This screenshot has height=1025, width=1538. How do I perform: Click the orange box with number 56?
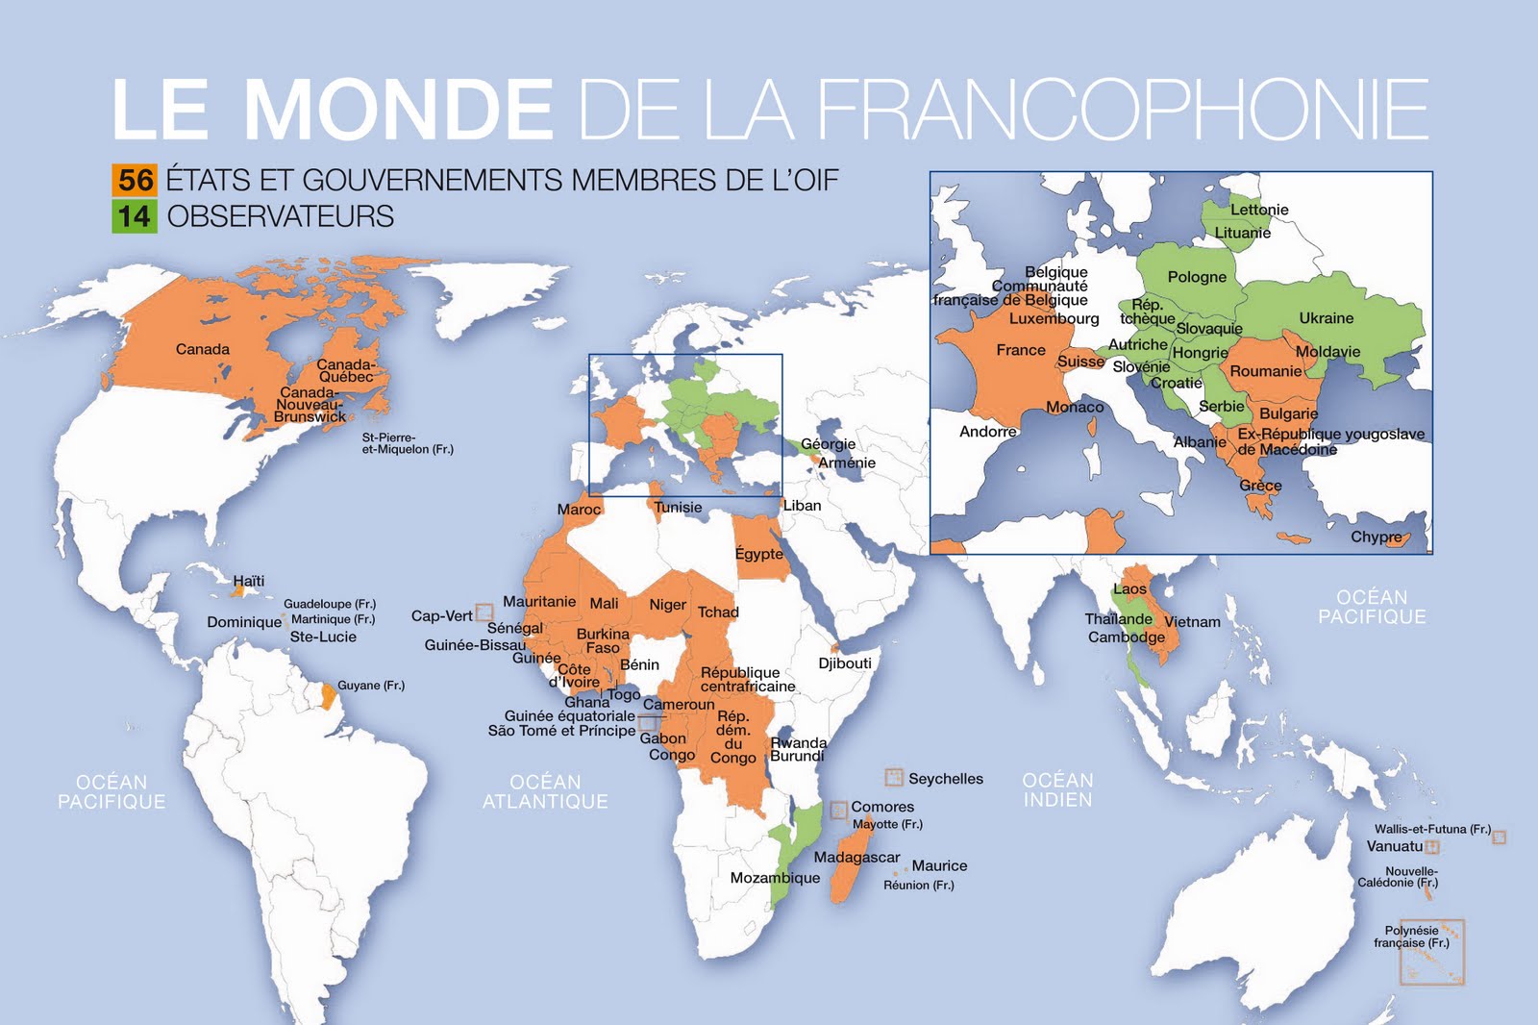(x=135, y=180)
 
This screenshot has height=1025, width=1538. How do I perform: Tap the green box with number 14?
(x=135, y=216)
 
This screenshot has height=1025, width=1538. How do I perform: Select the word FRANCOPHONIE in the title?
(x=1123, y=109)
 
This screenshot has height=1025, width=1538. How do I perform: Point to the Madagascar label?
(x=856, y=858)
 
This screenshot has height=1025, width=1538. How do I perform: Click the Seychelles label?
(x=945, y=779)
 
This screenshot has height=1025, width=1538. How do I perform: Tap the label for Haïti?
(x=248, y=582)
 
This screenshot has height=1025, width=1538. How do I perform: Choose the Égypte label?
(x=758, y=554)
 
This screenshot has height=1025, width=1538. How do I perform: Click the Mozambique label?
(x=775, y=878)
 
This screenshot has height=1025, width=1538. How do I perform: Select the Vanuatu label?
(x=1394, y=847)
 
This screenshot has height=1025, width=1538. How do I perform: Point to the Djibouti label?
(x=845, y=663)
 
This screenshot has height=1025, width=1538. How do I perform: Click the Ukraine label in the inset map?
(x=1326, y=318)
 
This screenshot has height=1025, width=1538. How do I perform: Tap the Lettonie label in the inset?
(x=1259, y=210)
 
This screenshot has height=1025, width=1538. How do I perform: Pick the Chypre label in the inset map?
(x=1376, y=537)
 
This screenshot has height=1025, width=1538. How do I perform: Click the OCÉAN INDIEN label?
(x=1057, y=789)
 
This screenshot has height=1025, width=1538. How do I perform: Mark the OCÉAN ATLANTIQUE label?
(x=545, y=791)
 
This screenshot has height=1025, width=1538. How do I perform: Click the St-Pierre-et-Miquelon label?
(x=407, y=443)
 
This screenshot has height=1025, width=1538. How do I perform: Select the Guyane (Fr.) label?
(x=370, y=686)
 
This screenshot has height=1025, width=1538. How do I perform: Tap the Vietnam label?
(x=1192, y=622)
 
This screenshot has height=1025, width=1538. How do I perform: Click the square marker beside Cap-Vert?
(x=484, y=612)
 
